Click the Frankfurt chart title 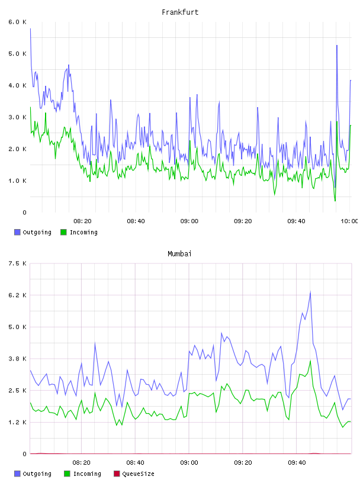pos(180,12)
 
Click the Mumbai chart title pos(179,253)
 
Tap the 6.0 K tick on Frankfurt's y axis pos(17,22)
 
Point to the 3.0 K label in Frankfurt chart pos(17,117)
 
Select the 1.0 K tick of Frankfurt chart pos(17,181)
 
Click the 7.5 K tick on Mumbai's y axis pos(17,263)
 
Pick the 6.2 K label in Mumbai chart pos(17,295)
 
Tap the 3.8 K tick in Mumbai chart pos(17,359)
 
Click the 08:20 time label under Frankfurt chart pos(82,221)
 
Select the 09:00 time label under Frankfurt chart pos(189,221)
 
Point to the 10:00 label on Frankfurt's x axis pos(349,221)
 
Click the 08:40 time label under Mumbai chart pos(135,462)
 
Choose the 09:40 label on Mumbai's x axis pos(297,462)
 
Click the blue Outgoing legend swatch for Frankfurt pos(17,232)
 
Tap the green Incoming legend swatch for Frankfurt pos(63,232)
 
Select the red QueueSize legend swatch pos(117,474)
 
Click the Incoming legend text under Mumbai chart pos(87,474)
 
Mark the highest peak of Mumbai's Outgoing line pos(310,291)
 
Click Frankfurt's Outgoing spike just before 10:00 pos(337,45)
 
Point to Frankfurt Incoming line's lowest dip pos(335,201)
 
